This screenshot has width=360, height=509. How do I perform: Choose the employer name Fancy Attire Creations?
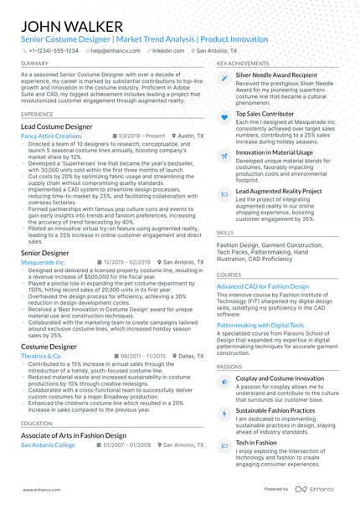pos(52,136)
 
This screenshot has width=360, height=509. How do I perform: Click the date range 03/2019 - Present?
pos(141,136)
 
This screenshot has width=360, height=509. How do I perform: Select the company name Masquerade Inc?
pos(49,262)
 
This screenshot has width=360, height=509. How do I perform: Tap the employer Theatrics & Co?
pos(42,356)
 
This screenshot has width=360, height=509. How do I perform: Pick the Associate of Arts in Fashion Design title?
pos(74,435)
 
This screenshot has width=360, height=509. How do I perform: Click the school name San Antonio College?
pos(48,445)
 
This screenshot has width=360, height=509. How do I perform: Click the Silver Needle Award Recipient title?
pos(276,75)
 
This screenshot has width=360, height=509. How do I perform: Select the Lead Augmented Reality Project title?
pos(278,192)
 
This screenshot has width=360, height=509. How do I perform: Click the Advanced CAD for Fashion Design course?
pos(262,286)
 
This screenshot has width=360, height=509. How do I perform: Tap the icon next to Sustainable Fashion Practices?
pos(224,414)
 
